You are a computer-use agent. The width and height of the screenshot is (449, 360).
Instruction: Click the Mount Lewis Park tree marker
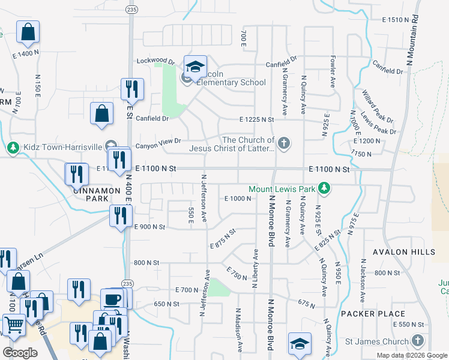324,189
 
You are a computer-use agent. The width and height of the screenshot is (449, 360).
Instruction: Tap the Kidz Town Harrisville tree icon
13,147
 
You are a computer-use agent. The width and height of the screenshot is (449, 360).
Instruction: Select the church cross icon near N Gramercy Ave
284,143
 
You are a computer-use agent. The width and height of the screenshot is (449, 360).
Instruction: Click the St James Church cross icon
418,341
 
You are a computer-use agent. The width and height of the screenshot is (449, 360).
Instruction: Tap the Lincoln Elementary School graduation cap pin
195,67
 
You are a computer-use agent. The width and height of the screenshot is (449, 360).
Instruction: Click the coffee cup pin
112,299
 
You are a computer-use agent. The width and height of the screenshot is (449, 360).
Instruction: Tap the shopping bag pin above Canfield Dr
102,113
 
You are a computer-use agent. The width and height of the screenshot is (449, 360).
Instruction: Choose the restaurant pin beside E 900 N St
121,216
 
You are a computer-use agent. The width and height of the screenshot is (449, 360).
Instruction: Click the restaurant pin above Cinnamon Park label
76,173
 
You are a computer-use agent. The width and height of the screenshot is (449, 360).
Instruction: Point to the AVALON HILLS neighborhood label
403,252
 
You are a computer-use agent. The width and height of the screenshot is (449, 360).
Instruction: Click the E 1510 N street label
396,20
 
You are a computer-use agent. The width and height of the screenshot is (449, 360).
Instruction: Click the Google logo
20,352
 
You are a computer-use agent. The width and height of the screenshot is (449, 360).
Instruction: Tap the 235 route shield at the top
131,9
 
